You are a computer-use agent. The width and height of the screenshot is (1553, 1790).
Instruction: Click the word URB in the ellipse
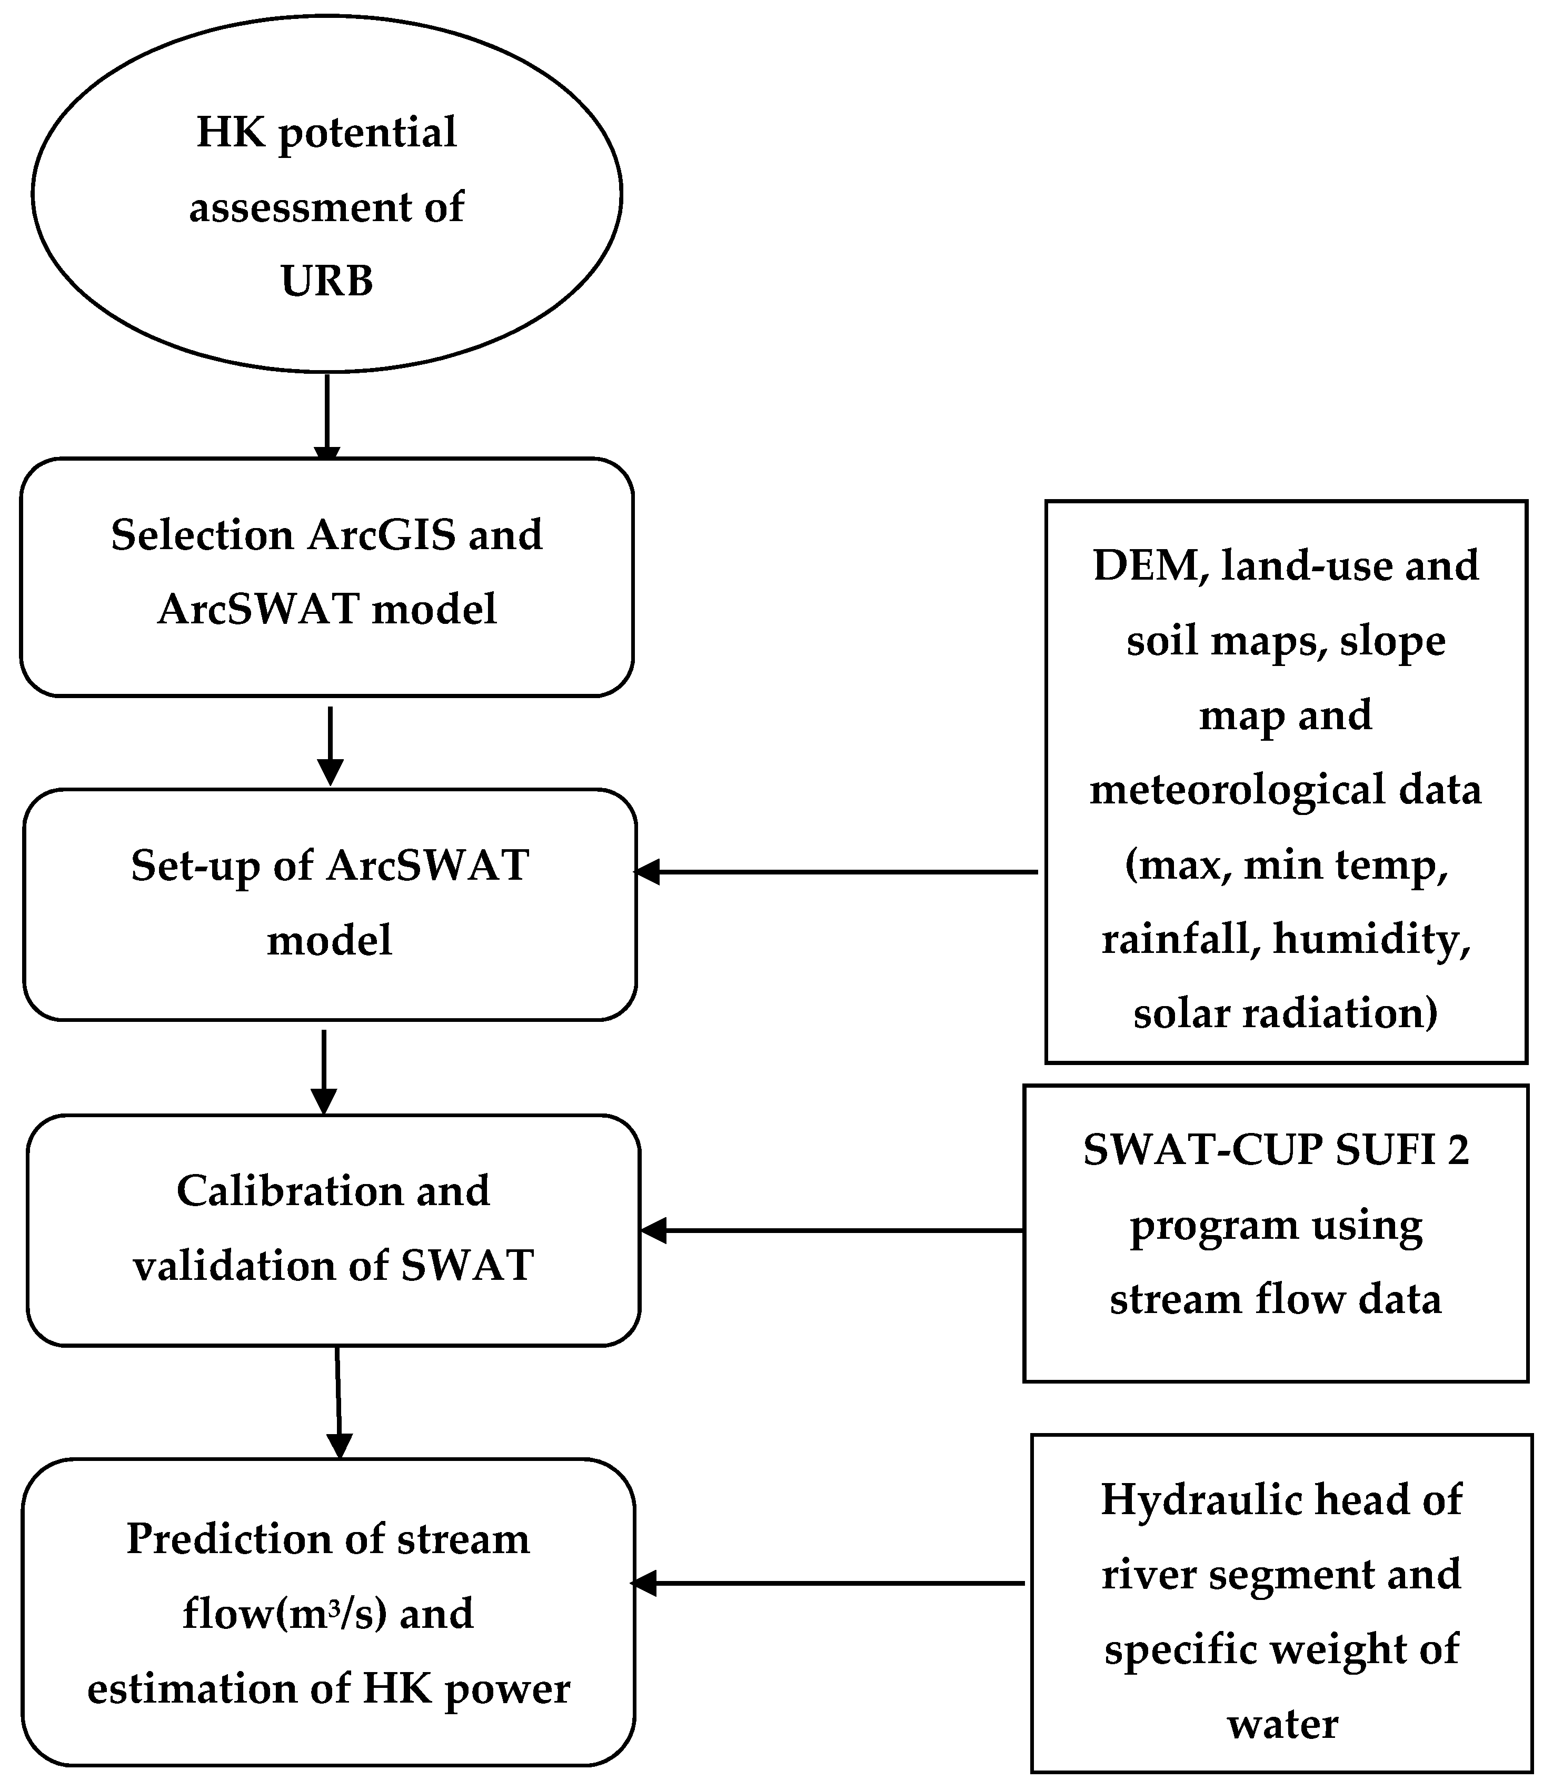tap(327, 281)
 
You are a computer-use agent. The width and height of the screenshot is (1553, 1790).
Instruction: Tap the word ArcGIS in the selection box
tap(381, 535)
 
